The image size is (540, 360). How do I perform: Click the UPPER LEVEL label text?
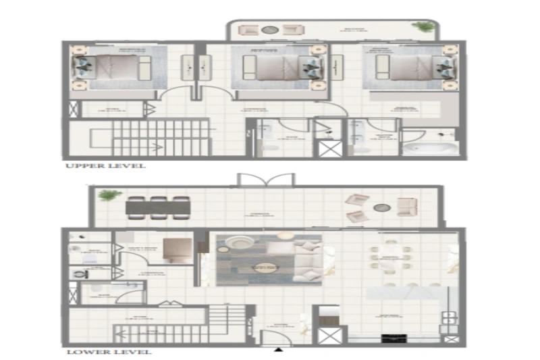coord(105,165)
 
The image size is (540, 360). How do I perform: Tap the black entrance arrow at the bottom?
coord(277,349)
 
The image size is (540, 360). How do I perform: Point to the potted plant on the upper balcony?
coord(425,28)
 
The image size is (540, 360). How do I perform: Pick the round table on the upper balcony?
coord(270,30)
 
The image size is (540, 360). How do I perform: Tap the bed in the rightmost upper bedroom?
coord(409,67)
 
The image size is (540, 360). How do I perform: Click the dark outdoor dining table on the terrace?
coord(157,207)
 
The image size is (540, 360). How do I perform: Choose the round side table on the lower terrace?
coord(381,208)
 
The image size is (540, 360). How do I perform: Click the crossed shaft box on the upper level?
coord(329,149)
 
